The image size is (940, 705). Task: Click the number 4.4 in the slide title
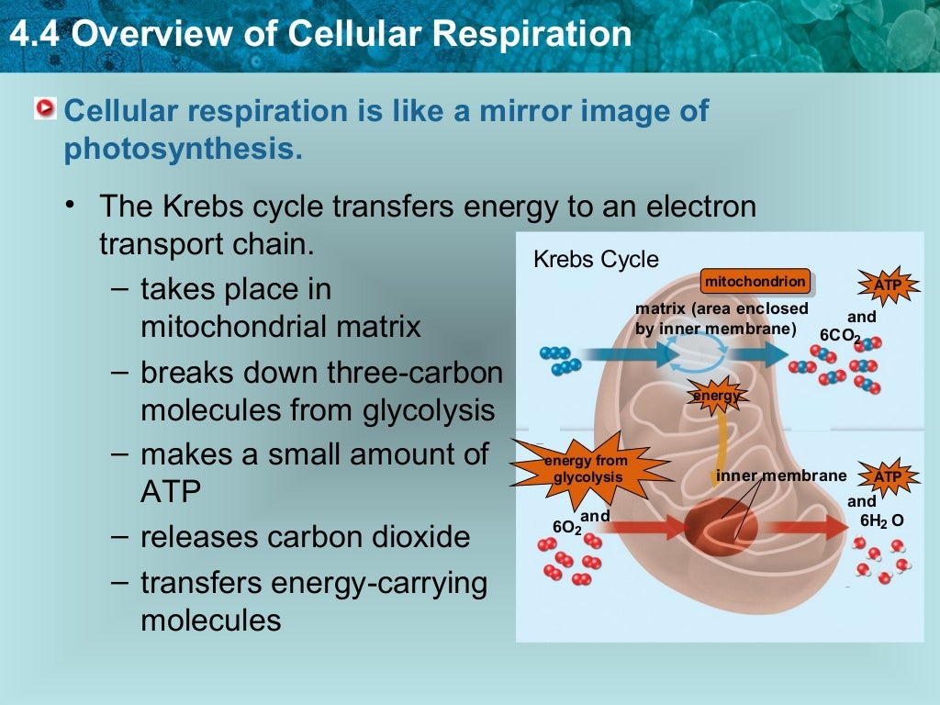tap(34, 35)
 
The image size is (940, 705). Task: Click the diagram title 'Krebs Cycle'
tap(596, 260)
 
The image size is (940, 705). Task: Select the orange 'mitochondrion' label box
tap(755, 281)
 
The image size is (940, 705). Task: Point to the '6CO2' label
tap(840, 337)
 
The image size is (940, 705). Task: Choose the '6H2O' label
tap(881, 521)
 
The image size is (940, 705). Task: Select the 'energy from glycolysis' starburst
tap(584, 469)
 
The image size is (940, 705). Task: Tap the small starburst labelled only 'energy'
tap(717, 396)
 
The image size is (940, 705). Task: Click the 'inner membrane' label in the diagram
tap(781, 476)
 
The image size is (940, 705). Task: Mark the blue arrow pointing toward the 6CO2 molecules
tap(759, 354)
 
